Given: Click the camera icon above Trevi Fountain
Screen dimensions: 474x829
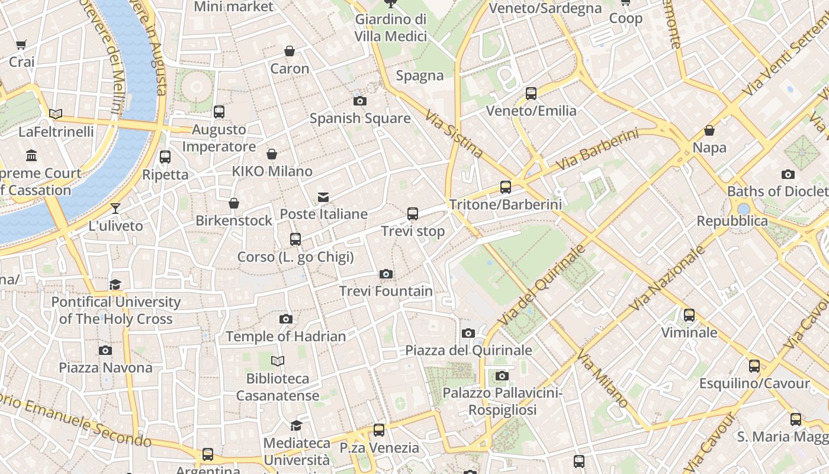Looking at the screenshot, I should tap(386, 274).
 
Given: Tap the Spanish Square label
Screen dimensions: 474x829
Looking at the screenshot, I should tap(360, 118).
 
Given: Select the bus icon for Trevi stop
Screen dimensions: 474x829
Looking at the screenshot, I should tap(413, 214).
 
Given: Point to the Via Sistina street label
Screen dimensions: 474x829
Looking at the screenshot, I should tap(454, 134).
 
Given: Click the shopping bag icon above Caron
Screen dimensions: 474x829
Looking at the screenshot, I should tap(290, 52).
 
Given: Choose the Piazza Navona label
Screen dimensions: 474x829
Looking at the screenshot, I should tap(105, 367).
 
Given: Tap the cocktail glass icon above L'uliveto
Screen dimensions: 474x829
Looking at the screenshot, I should tap(115, 209).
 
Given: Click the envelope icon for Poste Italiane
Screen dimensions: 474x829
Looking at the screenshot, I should tap(323, 197).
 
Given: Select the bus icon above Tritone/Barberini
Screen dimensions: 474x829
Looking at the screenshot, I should tap(506, 187).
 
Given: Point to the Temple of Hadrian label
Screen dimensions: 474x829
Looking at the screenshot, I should tap(285, 337).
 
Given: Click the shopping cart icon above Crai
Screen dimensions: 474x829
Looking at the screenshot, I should tap(21, 44).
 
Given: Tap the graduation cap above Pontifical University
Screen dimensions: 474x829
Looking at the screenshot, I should tap(115, 285).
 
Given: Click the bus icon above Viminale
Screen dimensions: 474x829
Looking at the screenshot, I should tap(689, 315).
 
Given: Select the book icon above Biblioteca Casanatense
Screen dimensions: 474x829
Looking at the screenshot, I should tap(278, 361).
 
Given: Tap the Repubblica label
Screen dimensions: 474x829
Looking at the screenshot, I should tap(732, 221).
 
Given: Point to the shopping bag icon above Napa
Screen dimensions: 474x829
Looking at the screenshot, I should tap(709, 130).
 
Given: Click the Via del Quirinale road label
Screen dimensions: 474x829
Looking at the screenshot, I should tap(542, 285).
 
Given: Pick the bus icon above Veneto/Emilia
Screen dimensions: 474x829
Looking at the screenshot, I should tap(531, 94).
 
